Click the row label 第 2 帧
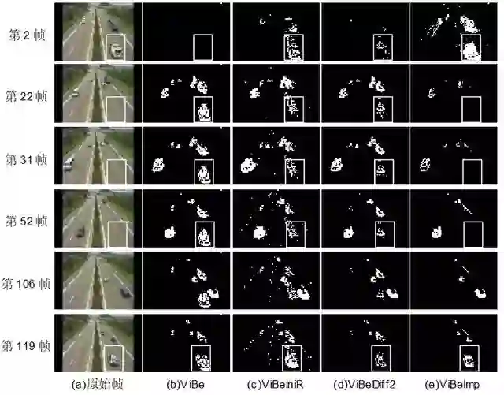coord(27,35)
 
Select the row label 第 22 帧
coord(26,96)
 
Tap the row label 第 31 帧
coord(26,159)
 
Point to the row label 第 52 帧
coord(26,222)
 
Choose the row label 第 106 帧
coord(26,284)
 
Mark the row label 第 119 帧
coord(26,346)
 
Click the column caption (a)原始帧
coord(98,384)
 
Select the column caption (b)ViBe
coord(186,384)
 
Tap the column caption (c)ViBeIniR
coord(276,384)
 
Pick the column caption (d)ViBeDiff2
coord(365,384)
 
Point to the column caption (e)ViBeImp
coord(452,384)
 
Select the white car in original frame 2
coord(116,50)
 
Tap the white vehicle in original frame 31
coord(69,163)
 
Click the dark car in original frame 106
coord(124,293)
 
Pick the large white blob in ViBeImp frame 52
coord(436,232)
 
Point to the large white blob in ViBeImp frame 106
coord(480,293)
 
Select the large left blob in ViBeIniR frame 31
coord(248,165)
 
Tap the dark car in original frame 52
coord(80,232)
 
